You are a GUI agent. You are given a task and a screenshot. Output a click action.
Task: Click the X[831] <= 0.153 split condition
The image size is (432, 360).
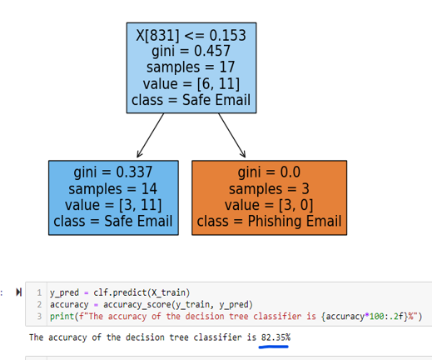(191, 35)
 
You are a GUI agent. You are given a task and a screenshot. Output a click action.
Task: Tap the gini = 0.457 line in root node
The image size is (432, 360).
(191, 51)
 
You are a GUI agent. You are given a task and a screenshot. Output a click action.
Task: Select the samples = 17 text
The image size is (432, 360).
(191, 67)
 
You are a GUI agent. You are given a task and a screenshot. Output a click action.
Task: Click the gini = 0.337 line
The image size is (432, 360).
(113, 172)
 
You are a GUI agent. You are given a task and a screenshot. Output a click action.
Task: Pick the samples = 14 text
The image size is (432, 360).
(113, 189)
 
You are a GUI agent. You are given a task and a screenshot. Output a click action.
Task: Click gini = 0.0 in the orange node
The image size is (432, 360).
(269, 172)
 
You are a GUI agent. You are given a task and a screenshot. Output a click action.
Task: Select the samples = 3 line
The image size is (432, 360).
(269, 189)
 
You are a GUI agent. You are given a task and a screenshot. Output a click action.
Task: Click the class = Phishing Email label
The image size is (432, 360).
(269, 222)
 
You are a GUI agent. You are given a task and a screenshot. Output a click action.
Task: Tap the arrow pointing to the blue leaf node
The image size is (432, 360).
(151, 135)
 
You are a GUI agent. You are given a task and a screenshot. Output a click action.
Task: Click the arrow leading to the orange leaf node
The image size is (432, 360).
(232, 135)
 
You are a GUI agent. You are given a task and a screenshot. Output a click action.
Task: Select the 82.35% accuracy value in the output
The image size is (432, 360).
(276, 337)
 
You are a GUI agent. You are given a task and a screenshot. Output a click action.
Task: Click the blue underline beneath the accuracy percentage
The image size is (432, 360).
(274, 347)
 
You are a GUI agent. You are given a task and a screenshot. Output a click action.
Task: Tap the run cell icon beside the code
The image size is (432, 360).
(18, 292)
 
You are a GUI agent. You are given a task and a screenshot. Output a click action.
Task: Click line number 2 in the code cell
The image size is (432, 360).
(39, 304)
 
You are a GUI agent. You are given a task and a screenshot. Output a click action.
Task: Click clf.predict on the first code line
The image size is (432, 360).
(120, 292)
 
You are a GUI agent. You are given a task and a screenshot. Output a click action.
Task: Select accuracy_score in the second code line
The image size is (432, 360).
(137, 305)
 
